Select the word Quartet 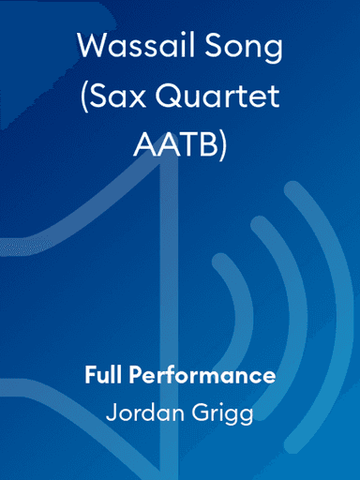217,97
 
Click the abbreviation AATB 173,146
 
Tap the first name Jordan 140,412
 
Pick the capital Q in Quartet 165,97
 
